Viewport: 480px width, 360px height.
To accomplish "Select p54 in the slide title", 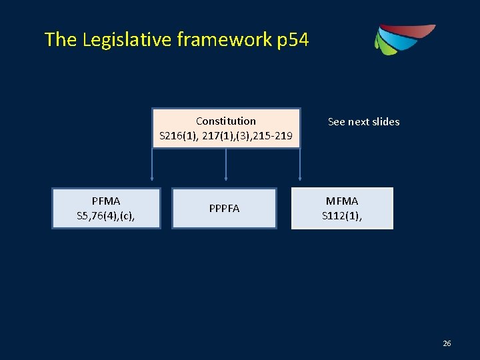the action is pyautogui.click(x=292, y=40).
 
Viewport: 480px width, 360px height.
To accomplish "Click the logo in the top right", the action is pyautogui.click(x=403, y=40).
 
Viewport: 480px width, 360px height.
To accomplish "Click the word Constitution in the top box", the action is pyautogui.click(x=226, y=121).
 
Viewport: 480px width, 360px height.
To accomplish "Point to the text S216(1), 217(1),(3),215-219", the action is pyautogui.click(x=226, y=137).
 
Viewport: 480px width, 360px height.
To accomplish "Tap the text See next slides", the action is pyautogui.click(x=363, y=122).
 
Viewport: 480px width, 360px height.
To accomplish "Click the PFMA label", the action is pyautogui.click(x=107, y=201).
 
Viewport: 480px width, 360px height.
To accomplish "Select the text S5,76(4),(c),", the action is pyautogui.click(x=107, y=215).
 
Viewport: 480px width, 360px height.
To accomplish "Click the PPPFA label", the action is pyautogui.click(x=224, y=209).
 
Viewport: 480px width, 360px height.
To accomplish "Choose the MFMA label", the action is pyautogui.click(x=342, y=201).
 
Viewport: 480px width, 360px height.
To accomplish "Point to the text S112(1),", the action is pyautogui.click(x=342, y=215).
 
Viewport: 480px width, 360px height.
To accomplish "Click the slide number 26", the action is pyautogui.click(x=447, y=343).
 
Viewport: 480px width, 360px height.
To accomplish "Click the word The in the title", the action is pyautogui.click(x=61, y=40).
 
